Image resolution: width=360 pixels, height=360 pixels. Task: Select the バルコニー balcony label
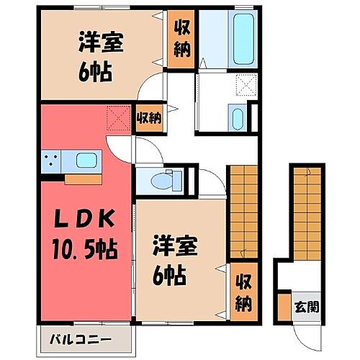tap(81, 338)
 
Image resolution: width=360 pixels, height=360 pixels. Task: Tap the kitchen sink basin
tap(86, 160)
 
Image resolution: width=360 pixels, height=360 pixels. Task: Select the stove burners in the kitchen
tap(51, 161)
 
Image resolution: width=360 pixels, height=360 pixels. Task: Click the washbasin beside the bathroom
tap(238, 116)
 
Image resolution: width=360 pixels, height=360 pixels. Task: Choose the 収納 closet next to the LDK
tap(149, 117)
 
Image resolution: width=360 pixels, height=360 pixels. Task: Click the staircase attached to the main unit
tap(243, 209)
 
